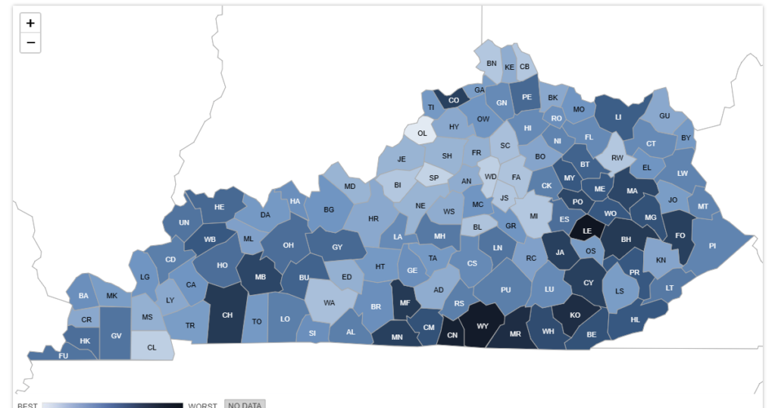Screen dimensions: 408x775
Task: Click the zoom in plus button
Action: [30, 24]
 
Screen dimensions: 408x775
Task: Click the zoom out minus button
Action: [30, 42]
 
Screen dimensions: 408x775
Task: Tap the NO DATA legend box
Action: [245, 404]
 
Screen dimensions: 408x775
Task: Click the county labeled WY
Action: [483, 326]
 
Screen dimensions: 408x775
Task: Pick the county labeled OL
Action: [422, 133]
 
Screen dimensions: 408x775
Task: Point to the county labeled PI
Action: [712, 246]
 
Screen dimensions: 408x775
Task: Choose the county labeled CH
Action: [227, 315]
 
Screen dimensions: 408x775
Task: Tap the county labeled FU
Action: [64, 355]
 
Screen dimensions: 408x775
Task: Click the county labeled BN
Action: [491, 63]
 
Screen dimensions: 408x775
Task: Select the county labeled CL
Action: [152, 347]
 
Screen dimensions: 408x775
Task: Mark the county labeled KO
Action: [575, 315]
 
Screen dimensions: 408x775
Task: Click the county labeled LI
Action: [618, 117]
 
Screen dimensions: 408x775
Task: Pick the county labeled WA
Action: [330, 303]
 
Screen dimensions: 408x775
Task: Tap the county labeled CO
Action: [454, 100]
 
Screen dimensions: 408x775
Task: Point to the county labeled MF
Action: [405, 303]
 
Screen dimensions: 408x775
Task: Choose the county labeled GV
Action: [116, 334]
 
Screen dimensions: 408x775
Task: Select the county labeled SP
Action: [433, 178]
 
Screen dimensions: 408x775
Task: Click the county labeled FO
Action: [680, 235]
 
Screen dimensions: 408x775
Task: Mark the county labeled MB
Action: [260, 277]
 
